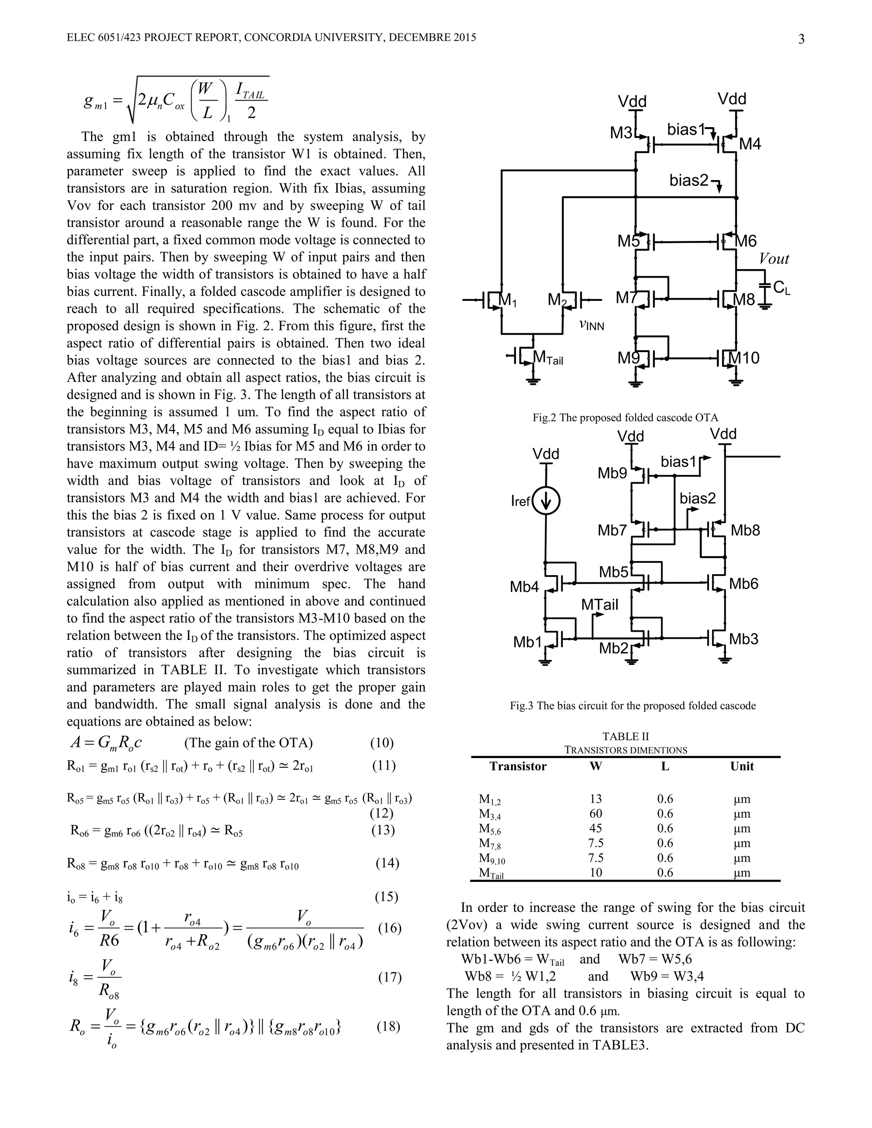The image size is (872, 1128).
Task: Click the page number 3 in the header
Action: point(801,39)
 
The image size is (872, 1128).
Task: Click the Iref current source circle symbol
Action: point(546,501)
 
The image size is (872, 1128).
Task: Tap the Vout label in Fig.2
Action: point(774,259)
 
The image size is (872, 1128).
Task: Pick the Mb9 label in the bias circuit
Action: point(612,473)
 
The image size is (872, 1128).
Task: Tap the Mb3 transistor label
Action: point(744,639)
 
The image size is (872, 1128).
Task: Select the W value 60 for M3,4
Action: point(596,814)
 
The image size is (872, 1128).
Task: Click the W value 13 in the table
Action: point(596,799)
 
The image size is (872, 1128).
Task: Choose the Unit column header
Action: point(742,767)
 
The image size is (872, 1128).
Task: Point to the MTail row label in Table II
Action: point(491,873)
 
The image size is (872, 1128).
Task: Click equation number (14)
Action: point(387,863)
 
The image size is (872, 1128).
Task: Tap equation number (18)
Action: point(388,1026)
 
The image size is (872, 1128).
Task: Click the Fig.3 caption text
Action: point(632,705)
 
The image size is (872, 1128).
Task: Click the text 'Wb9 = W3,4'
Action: point(667,976)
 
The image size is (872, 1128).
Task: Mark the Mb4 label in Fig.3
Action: point(524,587)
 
